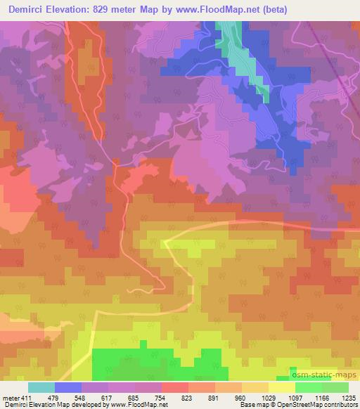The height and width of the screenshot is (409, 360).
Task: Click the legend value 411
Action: tap(27, 398)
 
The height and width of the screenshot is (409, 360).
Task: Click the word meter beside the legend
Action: tap(10, 398)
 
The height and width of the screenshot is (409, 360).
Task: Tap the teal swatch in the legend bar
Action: tap(41, 387)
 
